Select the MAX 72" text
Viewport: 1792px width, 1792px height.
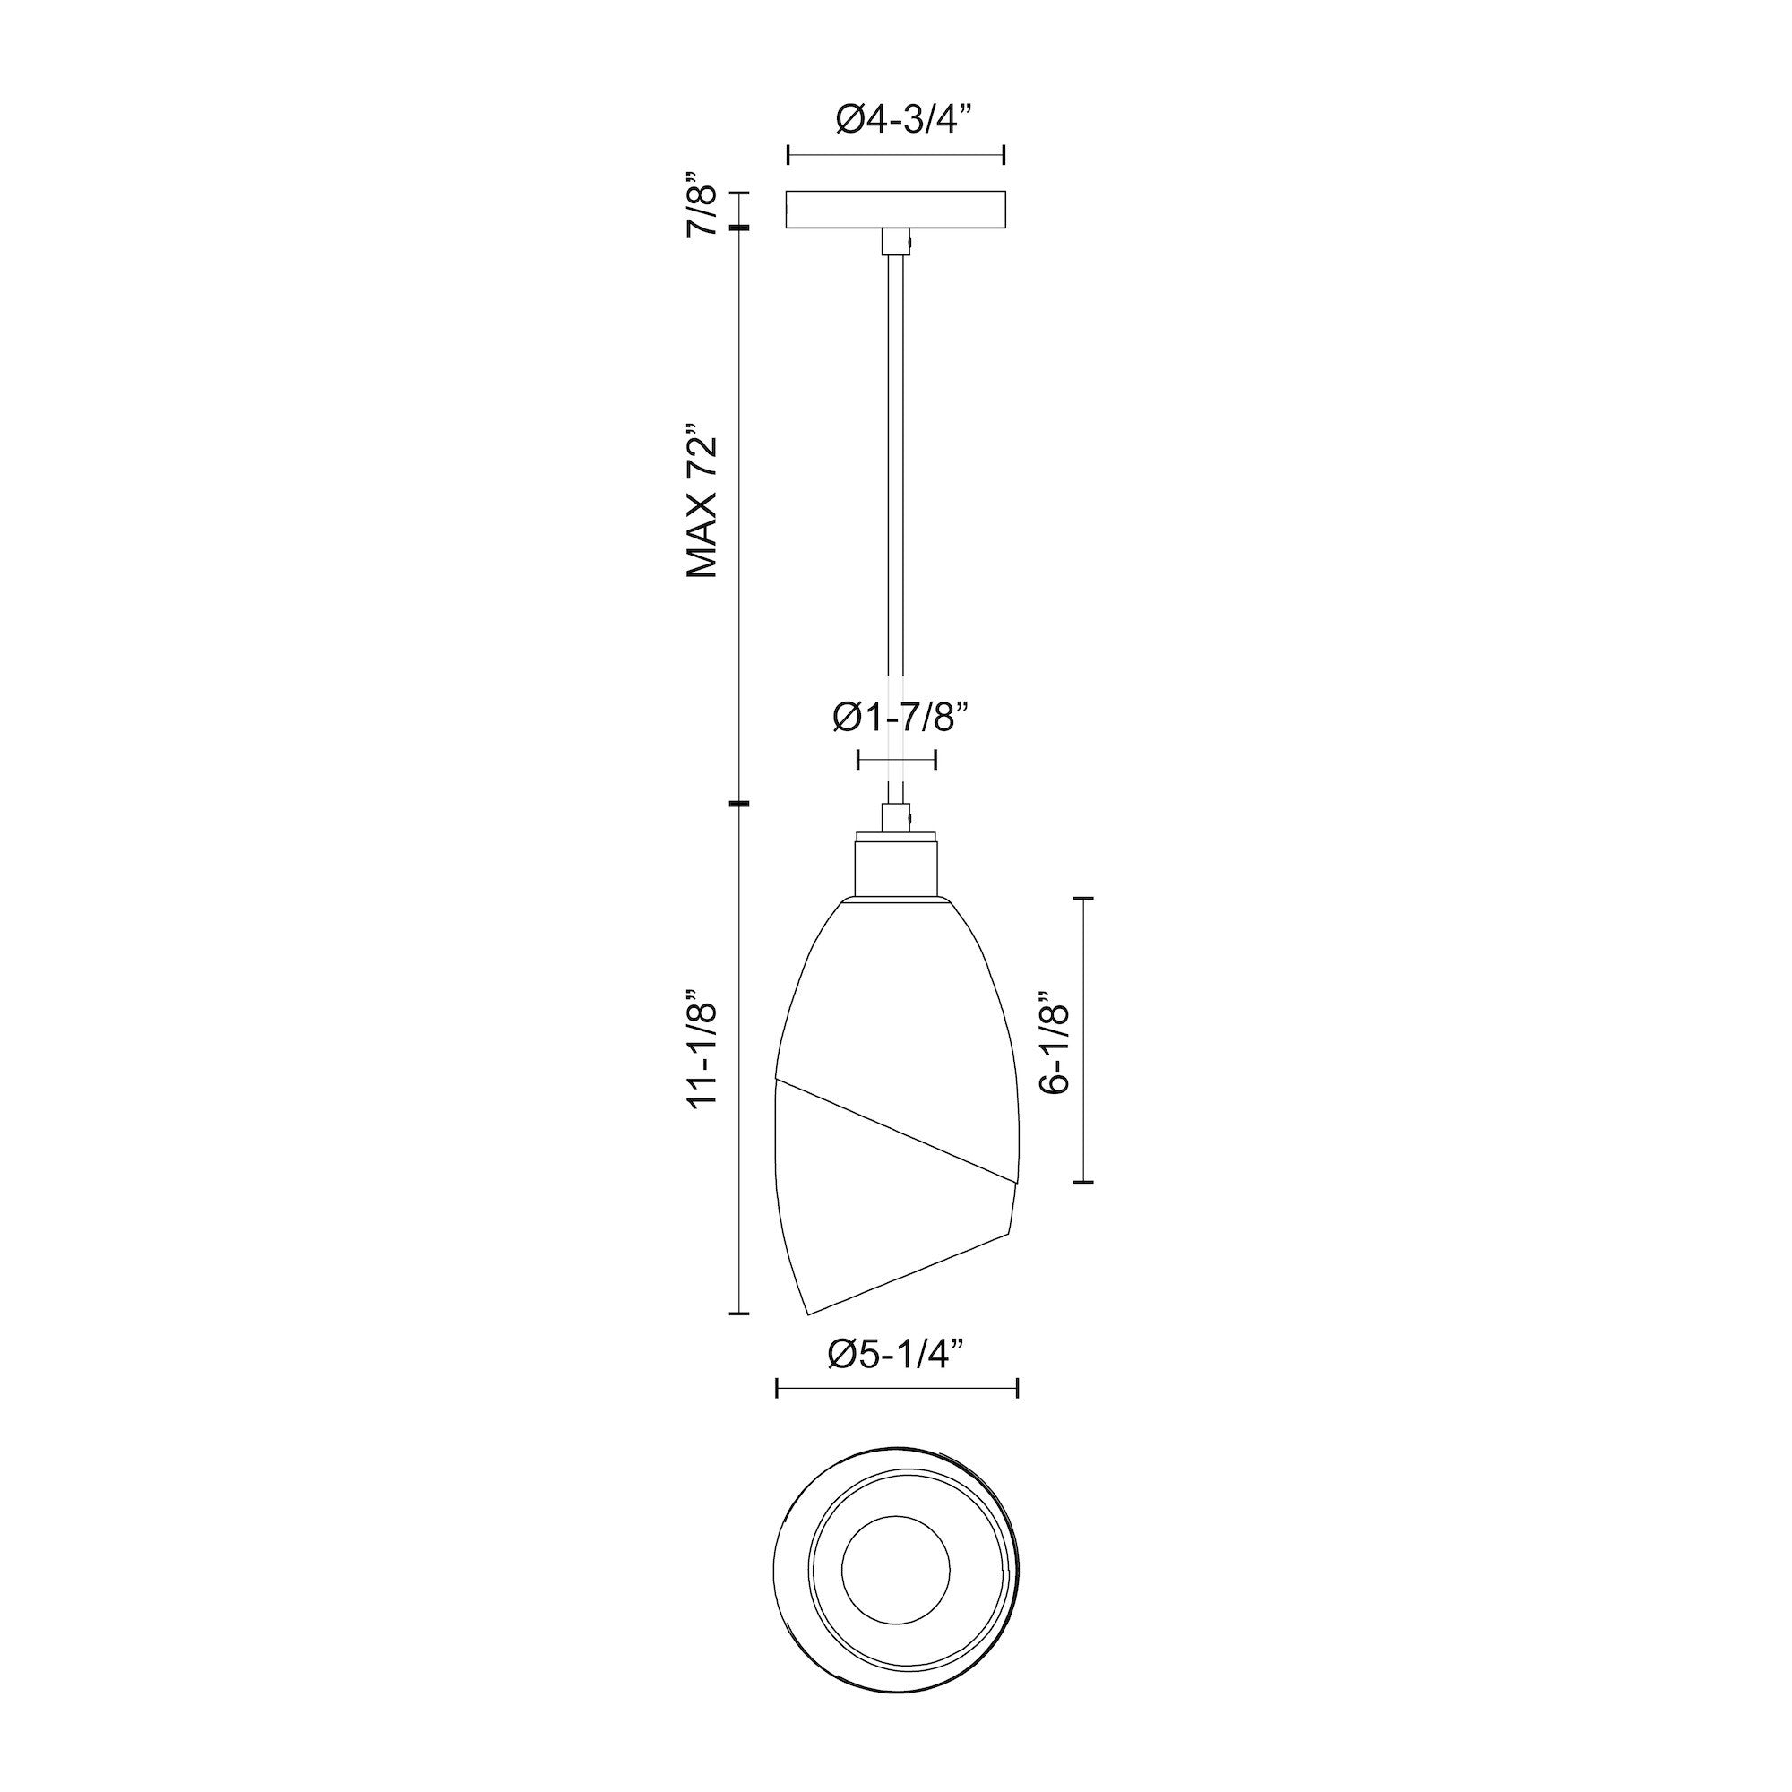[702, 503]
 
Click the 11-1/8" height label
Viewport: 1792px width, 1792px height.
[702, 1055]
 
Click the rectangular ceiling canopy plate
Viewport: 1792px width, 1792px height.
[896, 210]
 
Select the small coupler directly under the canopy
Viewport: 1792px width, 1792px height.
[896, 243]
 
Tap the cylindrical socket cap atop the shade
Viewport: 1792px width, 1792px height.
[897, 866]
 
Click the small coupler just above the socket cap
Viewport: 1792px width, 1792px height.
[896, 817]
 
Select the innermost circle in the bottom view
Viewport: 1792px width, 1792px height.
[896, 1572]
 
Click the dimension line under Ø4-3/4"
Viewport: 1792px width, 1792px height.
[896, 156]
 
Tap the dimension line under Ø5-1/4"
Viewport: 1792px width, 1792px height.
[896, 1415]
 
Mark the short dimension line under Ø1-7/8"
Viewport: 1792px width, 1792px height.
[896, 761]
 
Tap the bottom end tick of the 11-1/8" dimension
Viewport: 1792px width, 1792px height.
[738, 1314]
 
